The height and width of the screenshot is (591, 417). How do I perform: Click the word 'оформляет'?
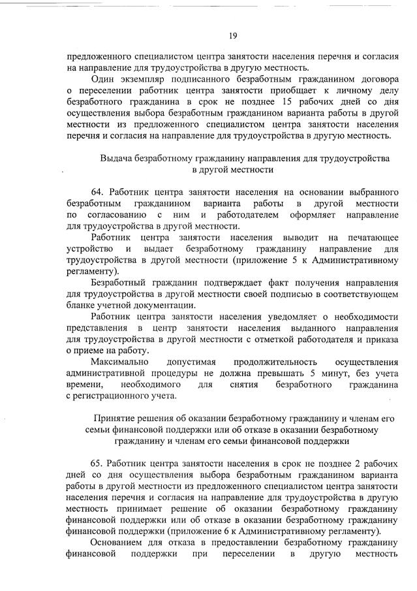309,214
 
